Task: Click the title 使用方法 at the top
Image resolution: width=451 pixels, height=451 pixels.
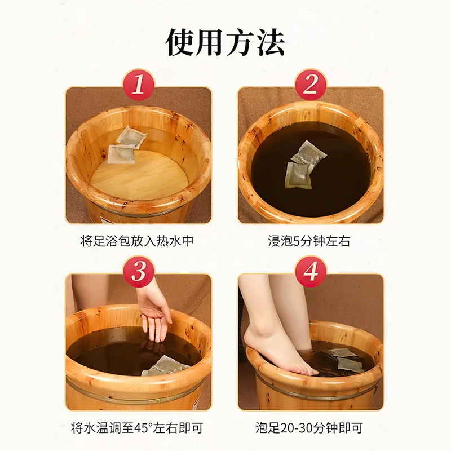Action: pos(225,42)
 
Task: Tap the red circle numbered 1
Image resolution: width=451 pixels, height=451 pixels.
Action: pos(139,85)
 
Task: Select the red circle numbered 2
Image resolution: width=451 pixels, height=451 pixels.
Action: pos(311,85)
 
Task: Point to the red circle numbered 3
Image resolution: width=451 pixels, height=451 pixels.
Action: pos(139,272)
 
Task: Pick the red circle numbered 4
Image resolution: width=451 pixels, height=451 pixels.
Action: pos(311,272)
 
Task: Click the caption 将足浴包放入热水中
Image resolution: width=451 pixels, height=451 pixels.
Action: pos(137,241)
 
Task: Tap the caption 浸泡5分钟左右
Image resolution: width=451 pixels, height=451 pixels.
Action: pos(309,241)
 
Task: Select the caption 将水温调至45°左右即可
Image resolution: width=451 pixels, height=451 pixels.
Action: pos(137,428)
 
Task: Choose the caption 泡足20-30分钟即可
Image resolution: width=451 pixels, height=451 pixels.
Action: pos(309,428)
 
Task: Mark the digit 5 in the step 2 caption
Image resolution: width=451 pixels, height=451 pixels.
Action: pos(297,241)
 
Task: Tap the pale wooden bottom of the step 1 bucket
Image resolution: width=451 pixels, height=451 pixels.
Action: pos(139,176)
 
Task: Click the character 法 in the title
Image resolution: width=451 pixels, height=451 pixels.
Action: pos(271,42)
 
